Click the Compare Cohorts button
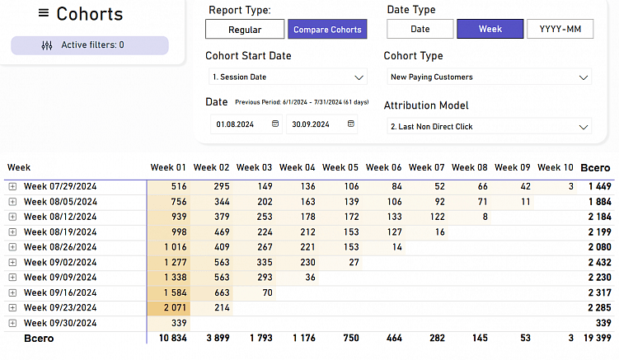(x=327, y=30)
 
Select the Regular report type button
(x=245, y=30)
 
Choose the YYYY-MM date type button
(x=560, y=29)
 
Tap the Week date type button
(x=490, y=29)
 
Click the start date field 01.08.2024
(x=235, y=124)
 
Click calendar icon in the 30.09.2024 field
(x=351, y=124)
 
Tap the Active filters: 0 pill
(x=90, y=45)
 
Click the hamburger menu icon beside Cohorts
(x=44, y=13)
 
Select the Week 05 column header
(x=340, y=167)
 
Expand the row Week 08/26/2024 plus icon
(x=12, y=247)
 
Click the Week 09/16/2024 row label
(x=60, y=292)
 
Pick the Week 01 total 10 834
(x=170, y=339)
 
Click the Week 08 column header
(x=469, y=167)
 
